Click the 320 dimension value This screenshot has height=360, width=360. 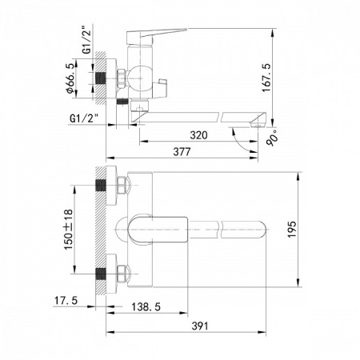[x=198, y=135]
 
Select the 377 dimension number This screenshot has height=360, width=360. [x=182, y=152]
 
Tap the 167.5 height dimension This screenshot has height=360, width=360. [x=266, y=78]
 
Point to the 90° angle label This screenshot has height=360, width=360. [x=273, y=138]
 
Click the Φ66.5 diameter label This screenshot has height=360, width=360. [x=70, y=78]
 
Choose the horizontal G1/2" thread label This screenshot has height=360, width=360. [x=84, y=118]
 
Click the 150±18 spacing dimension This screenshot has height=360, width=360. [x=68, y=230]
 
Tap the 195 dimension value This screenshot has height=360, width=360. [x=291, y=230]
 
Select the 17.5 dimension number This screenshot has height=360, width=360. [x=66, y=301]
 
